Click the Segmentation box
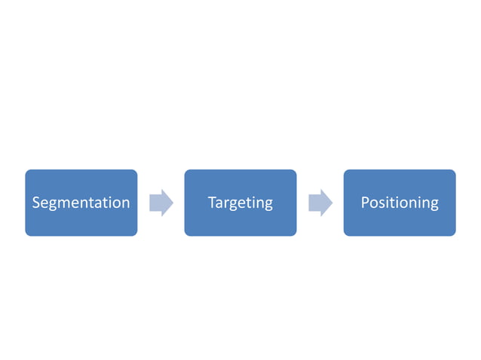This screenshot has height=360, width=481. click(81, 203)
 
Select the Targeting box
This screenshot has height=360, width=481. click(240, 203)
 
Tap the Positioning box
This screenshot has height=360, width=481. click(400, 203)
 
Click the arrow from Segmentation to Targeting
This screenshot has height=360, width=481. click(161, 203)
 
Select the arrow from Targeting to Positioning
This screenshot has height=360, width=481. click(320, 203)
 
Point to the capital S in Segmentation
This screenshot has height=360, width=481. click(36, 203)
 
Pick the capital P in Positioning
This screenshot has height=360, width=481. click(365, 203)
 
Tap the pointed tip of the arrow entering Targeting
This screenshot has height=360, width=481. click(173, 203)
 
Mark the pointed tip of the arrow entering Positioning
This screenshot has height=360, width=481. click(332, 203)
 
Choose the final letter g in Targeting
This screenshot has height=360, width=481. click(268, 205)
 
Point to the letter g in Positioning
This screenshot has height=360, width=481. click(434, 205)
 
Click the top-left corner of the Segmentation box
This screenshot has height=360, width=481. click(27, 172)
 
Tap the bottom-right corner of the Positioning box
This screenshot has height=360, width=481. click(454, 234)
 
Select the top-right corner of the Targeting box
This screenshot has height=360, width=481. click(295, 172)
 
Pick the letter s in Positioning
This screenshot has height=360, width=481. click(382, 203)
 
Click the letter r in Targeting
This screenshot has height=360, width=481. click(226, 203)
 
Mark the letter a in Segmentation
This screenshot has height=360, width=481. click(101, 203)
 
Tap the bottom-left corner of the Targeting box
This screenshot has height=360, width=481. click(186, 234)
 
